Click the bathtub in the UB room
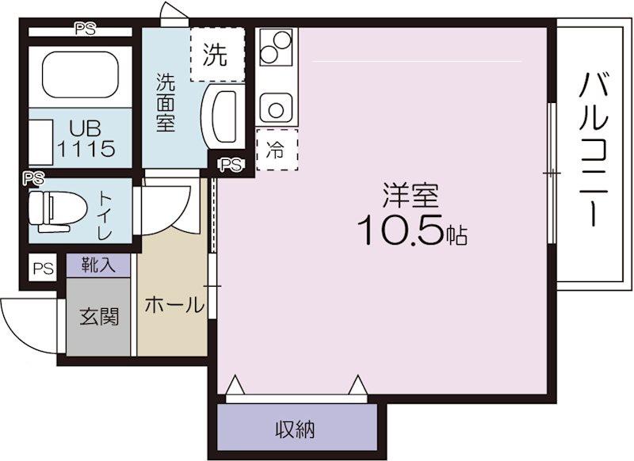coord(80,74)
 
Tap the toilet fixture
coord(58,211)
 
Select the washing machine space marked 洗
coord(217,55)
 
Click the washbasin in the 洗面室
coord(224,116)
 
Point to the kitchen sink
coord(276,108)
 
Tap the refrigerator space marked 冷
coord(277,150)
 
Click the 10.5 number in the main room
coord(400,230)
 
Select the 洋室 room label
coord(411,196)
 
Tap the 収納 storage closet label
coord(295,429)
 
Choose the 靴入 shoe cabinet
coord(98,265)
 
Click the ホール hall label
coord(174,305)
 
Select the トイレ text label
coord(105,215)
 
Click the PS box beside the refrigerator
coord(231,165)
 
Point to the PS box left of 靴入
coord(44,269)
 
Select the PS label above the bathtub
coord(86,29)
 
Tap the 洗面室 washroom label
coord(166,103)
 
